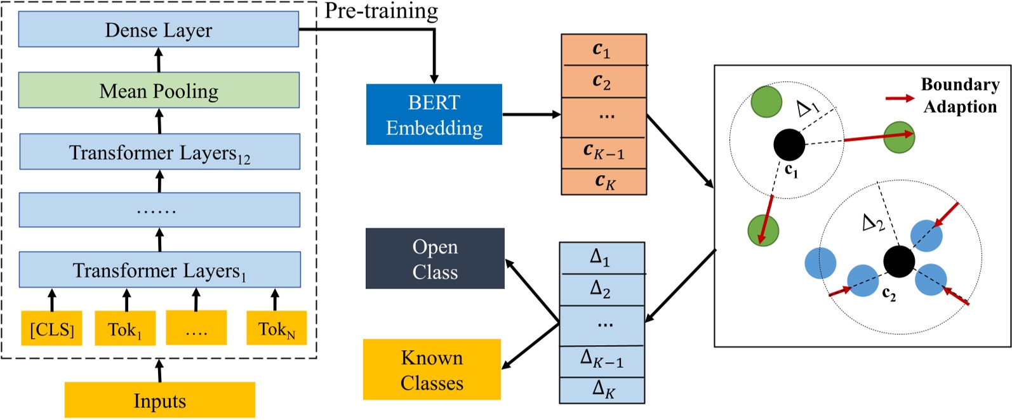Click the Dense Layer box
pos(158,29)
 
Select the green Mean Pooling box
pos(159,90)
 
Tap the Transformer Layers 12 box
pos(159,152)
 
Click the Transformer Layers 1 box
pos(159,270)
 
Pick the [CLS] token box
pos(52,329)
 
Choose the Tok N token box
pos(276,329)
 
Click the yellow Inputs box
pos(159,400)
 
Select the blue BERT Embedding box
pos(434,115)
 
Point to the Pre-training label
pos(381,11)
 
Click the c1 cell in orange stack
pos(603,49)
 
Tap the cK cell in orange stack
pos(603,182)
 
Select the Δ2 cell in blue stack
pos(601,289)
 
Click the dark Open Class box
pos(435,259)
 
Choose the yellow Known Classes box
pos(432,370)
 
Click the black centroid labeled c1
pos(789,145)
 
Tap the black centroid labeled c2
pos(899,261)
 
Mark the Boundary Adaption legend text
pos(959,95)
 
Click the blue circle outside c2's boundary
pos(820,263)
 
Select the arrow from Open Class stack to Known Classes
pos(531,346)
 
